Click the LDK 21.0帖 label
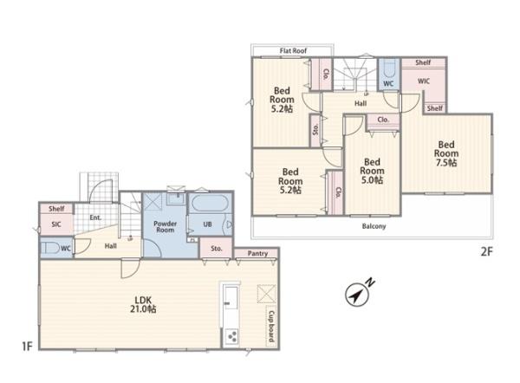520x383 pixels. click(x=143, y=305)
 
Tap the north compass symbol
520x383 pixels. click(x=357, y=295)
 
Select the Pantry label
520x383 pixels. click(x=257, y=254)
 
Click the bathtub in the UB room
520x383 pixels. click(x=210, y=204)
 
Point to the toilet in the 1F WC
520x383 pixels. click(x=49, y=248)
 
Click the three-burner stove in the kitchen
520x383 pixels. click(x=231, y=336)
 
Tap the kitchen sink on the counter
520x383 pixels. click(x=231, y=297)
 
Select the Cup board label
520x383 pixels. click(x=271, y=327)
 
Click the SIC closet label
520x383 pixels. click(x=56, y=224)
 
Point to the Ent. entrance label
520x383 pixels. click(x=95, y=217)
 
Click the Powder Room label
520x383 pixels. click(x=166, y=227)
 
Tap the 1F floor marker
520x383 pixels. click(x=27, y=347)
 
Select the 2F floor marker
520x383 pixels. click(x=486, y=252)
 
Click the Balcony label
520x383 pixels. click(x=374, y=226)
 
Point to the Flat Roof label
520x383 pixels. click(x=293, y=51)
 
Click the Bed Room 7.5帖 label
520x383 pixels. click(x=446, y=153)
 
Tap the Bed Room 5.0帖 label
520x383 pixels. click(x=372, y=171)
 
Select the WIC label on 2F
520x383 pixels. click(x=424, y=81)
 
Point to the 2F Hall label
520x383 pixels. click(x=361, y=103)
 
